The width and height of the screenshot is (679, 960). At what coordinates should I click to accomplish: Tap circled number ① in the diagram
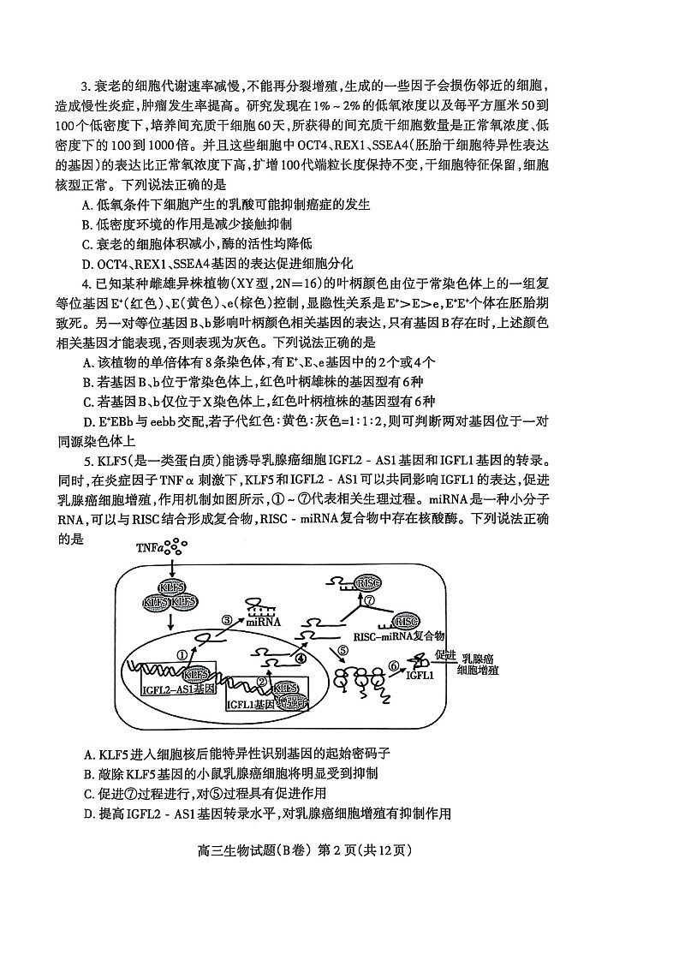(x=182, y=654)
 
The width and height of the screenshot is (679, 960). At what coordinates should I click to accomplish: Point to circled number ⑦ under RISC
(x=369, y=600)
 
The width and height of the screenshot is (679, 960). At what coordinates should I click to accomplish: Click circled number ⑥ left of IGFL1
(x=394, y=665)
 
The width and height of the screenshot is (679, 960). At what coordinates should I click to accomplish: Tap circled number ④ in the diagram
(x=300, y=658)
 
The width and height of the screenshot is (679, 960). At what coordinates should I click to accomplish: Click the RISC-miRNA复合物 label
(x=398, y=636)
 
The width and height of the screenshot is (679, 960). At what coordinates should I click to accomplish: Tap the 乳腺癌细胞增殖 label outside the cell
(x=479, y=665)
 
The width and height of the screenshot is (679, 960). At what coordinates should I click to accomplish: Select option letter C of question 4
(x=87, y=401)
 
